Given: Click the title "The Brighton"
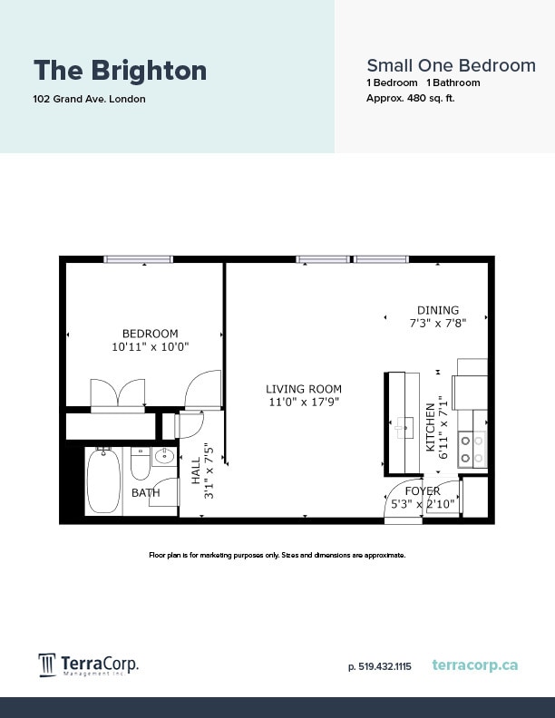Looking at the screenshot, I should (120, 70).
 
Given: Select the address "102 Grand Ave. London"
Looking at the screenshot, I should (89, 99).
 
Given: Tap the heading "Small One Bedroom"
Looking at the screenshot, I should (450, 65).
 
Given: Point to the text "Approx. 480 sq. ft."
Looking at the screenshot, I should (410, 98).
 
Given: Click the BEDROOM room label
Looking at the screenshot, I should (150, 334).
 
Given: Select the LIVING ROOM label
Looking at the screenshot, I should (304, 389).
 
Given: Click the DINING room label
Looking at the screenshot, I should (437, 310).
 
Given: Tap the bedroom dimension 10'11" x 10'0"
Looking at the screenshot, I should (150, 347).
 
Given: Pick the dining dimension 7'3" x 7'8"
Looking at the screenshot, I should (437, 323).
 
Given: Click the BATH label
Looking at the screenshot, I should (145, 493).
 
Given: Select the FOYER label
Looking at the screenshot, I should (422, 490).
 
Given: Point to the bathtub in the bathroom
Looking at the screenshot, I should (103, 481).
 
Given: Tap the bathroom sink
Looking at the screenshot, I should (164, 457).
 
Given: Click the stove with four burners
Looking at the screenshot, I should (472, 447).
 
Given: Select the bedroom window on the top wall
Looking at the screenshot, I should (138, 259).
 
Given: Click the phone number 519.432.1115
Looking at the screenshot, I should (380, 666).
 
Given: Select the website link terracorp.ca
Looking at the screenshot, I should (475, 665).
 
